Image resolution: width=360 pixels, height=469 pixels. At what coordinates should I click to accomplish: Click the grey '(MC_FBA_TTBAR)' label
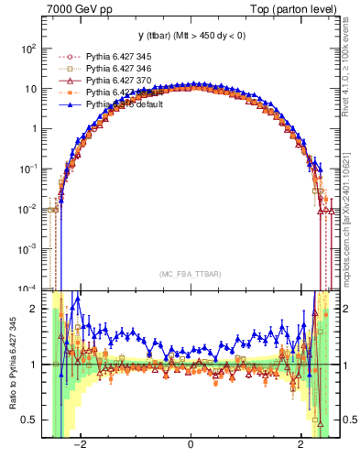tap(190, 273)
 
